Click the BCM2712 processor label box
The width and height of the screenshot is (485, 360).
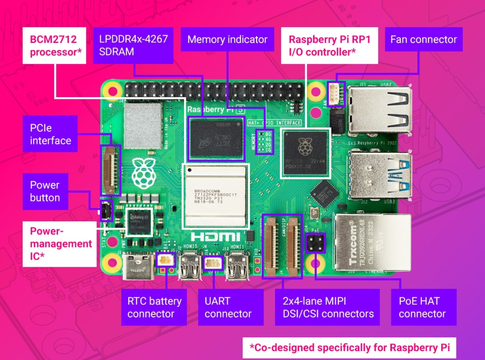point(56,45)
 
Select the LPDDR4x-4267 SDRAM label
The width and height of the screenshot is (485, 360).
point(133,45)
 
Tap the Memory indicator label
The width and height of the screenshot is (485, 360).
point(227,39)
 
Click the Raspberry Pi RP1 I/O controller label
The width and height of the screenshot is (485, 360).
point(329,45)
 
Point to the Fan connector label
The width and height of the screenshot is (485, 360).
point(423,39)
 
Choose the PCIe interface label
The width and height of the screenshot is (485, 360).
point(50,134)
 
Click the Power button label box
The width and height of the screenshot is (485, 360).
point(45,192)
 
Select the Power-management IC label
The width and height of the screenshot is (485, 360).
point(60,244)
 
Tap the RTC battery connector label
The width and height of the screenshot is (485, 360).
point(154,307)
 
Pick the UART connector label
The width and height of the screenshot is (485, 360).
point(228,307)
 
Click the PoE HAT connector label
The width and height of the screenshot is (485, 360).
point(422,307)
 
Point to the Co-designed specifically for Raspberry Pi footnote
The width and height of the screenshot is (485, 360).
point(349,348)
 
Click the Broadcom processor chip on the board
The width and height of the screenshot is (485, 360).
point(216,196)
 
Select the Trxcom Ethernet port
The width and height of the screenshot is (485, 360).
point(372,242)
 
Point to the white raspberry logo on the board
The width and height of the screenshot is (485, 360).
point(144,173)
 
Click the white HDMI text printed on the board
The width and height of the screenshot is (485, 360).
point(215,237)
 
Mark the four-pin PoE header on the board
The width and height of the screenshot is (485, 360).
point(315,243)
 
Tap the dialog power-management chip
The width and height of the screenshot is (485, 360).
point(139,221)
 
